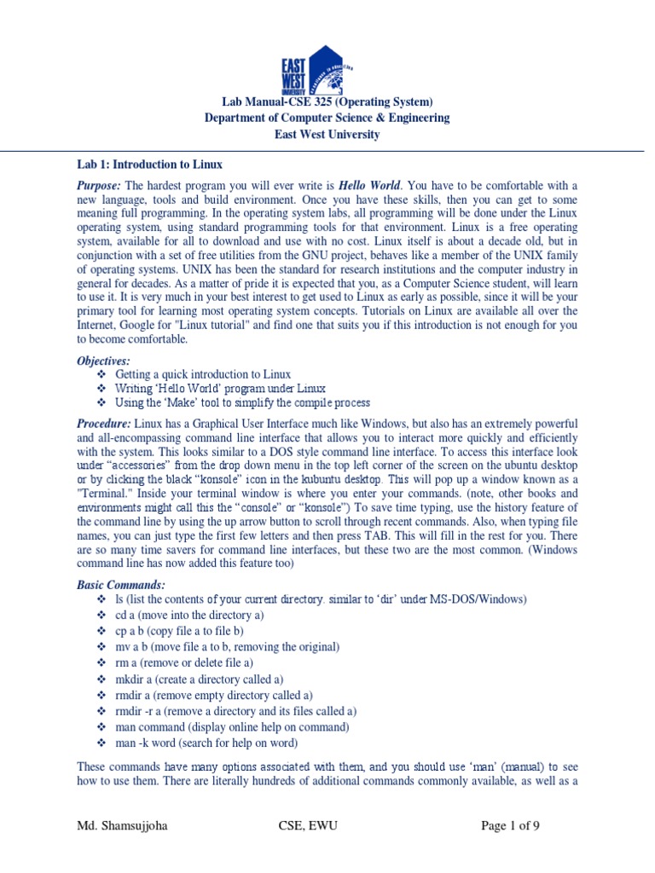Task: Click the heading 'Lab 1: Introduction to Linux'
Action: [x=149, y=165]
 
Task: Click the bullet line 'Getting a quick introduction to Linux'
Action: [x=203, y=375]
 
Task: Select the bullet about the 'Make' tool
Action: [x=242, y=402]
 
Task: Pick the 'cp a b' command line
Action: [x=180, y=631]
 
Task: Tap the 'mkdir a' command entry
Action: [x=199, y=679]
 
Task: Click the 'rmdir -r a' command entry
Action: [x=236, y=711]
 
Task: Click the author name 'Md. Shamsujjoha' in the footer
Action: [x=119, y=826]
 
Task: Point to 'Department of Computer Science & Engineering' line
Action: [x=327, y=119]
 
